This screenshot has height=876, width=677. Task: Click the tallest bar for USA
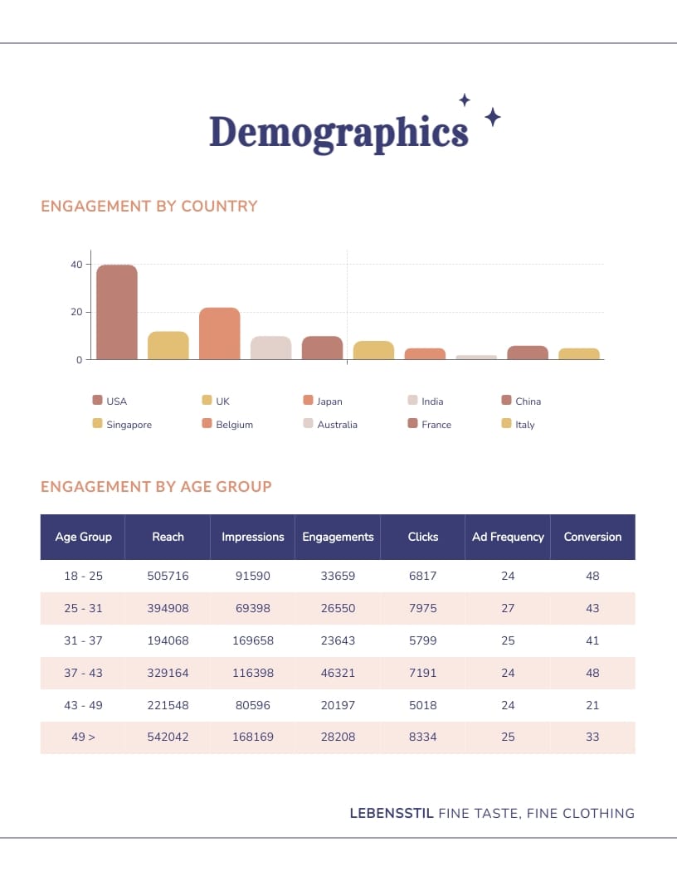click(117, 313)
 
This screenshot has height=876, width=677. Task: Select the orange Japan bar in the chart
click(220, 334)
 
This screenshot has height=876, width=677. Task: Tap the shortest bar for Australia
click(477, 357)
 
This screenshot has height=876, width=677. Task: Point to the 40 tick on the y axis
click(76, 265)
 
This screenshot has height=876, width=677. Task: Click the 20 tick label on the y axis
click(76, 313)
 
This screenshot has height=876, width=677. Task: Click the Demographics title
click(338, 132)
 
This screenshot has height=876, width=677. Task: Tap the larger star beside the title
click(492, 117)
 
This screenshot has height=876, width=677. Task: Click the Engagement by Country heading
click(149, 206)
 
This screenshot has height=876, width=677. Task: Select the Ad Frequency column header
click(508, 537)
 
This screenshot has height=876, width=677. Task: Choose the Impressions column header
click(253, 537)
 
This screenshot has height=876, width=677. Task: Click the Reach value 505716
click(168, 576)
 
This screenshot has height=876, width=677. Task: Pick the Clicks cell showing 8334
click(422, 737)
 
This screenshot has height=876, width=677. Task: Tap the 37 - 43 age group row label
click(83, 673)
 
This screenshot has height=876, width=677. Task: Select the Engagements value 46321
click(338, 673)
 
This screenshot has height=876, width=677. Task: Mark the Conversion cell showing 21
click(592, 705)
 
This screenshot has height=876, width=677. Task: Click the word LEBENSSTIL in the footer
click(392, 814)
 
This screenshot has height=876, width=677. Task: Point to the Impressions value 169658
click(253, 640)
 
